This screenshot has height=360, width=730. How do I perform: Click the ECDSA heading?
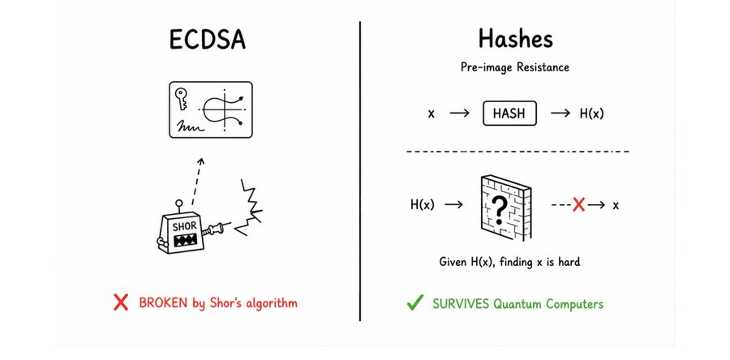click(207, 40)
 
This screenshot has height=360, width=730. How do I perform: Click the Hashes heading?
click(516, 38)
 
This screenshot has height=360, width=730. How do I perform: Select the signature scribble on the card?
click(189, 126)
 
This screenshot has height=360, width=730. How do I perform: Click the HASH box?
click(510, 114)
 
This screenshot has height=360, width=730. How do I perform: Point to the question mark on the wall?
click(499, 209)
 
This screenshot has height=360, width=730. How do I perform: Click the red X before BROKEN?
click(121, 302)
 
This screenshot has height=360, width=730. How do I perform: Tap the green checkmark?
click(414, 302)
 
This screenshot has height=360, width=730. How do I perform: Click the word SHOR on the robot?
click(185, 228)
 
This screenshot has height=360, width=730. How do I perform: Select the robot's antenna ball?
click(178, 204)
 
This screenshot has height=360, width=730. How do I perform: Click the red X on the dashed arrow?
click(578, 204)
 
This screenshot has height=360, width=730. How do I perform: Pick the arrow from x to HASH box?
click(460, 114)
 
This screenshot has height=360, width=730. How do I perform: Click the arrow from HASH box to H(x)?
click(560, 114)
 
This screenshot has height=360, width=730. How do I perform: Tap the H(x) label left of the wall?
click(423, 204)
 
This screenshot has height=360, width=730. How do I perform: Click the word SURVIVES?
click(461, 304)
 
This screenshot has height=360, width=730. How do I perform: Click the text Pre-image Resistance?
click(515, 67)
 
